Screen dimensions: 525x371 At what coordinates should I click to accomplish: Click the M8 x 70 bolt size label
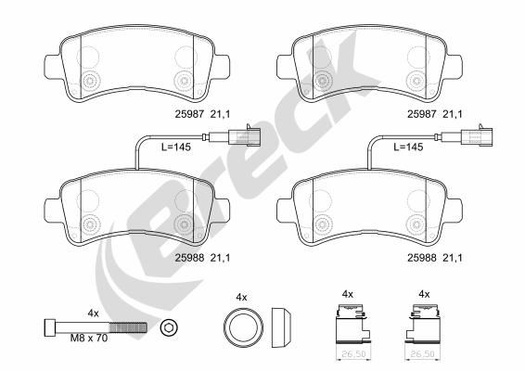[89, 339]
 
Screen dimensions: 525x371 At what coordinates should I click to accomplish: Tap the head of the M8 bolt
[50, 327]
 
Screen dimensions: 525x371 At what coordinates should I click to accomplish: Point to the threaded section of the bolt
[128, 327]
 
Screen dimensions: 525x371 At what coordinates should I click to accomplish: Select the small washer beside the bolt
[169, 327]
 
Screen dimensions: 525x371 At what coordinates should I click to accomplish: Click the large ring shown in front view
[243, 326]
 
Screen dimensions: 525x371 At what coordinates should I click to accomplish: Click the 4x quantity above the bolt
[93, 313]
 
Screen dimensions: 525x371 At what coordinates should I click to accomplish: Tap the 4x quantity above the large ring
[241, 297]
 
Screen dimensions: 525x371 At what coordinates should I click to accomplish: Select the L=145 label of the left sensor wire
[176, 147]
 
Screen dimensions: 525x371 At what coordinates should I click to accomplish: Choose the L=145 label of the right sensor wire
[408, 147]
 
